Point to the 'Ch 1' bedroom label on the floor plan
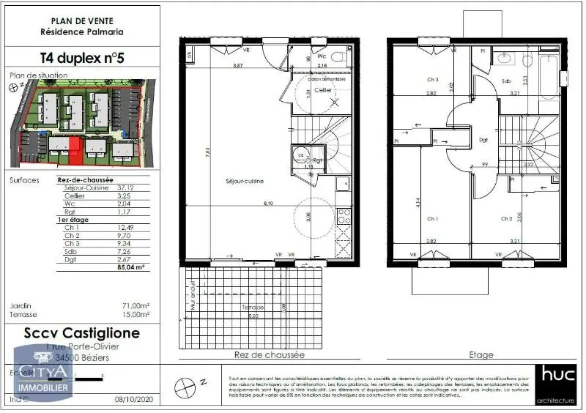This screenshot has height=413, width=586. tap(433, 218)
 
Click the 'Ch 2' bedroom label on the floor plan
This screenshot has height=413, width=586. tap(507, 218)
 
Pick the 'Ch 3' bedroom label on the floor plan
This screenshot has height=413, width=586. tap(433, 80)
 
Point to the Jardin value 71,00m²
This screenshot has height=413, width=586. tap(135, 305)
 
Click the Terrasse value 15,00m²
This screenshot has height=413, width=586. tap(135, 314)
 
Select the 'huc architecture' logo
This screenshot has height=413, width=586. tap(559, 383)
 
